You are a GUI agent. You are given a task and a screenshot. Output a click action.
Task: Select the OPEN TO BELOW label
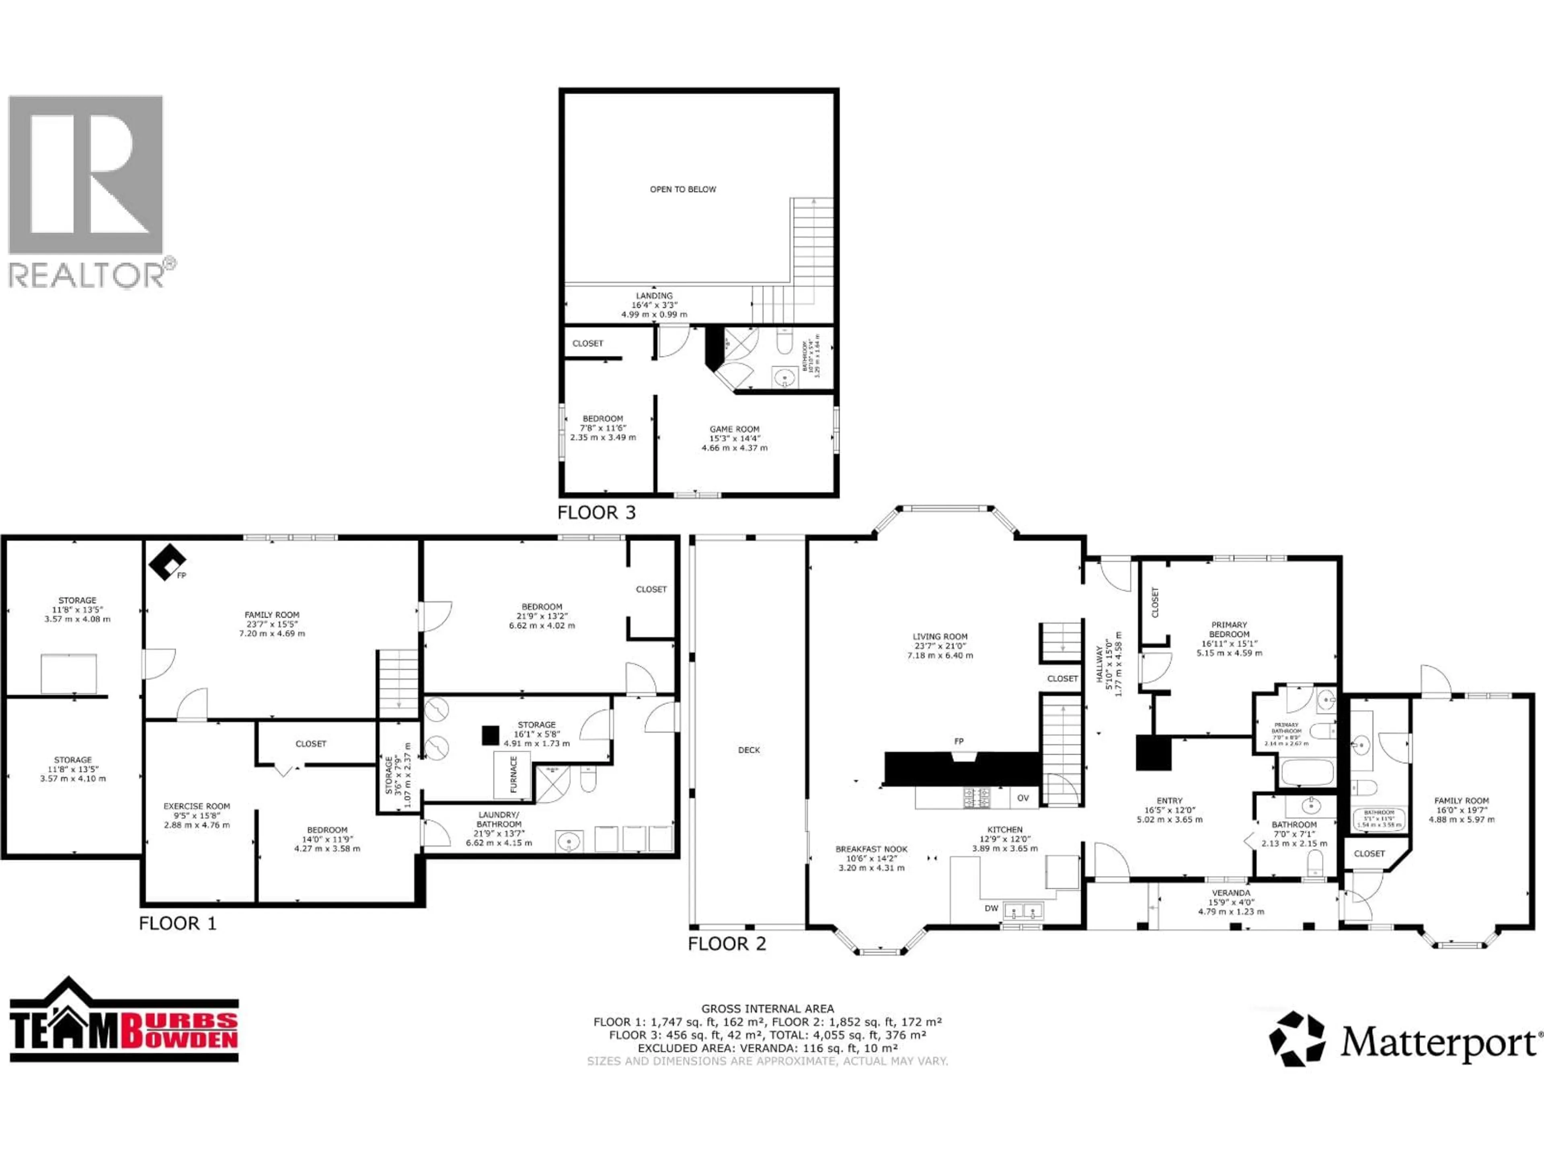683,189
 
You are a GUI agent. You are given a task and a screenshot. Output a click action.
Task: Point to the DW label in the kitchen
991,908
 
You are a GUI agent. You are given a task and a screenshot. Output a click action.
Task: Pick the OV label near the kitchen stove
1022,798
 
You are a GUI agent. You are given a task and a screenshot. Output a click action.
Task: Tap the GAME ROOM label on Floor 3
734,429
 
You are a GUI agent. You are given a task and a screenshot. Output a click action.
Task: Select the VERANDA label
1231,893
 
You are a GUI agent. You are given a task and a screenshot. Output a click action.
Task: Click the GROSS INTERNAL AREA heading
767,1008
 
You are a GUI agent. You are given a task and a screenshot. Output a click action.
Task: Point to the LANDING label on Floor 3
654,296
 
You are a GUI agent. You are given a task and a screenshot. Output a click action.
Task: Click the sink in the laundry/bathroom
569,842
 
